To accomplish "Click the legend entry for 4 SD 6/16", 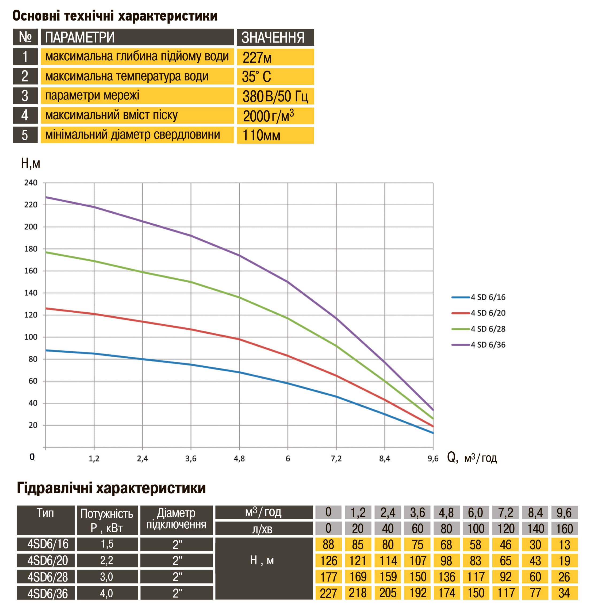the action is (478, 297).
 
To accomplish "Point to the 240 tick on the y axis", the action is (31, 183).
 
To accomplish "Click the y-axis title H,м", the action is (30, 163).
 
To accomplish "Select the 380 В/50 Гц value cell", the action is (275, 96).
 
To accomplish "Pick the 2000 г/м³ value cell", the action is (275, 116).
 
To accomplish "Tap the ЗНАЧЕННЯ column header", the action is (275, 37).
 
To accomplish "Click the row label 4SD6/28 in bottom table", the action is (46, 577).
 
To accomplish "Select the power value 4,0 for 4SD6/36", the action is (107, 593).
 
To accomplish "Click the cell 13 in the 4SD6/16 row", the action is (565, 544).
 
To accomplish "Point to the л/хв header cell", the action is (264, 529).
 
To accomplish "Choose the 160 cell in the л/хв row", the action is (565, 529).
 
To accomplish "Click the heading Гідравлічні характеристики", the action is (112, 488).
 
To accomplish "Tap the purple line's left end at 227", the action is (46, 197).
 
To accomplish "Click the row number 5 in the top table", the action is (25, 135).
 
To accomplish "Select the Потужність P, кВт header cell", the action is (107, 521).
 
